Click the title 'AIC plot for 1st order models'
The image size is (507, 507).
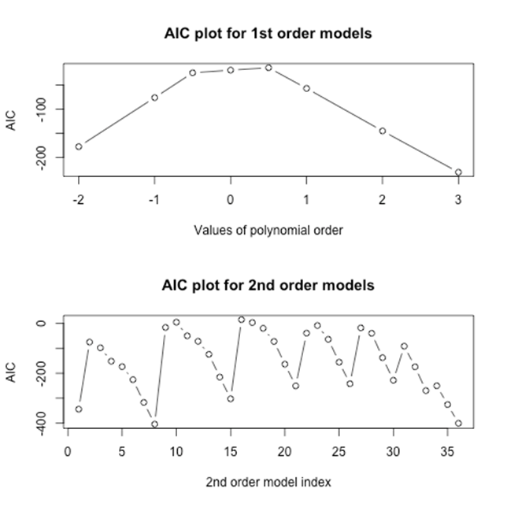[268, 34]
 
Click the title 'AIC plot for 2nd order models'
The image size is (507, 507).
[268, 285]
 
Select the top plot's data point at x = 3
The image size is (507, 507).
[458, 172]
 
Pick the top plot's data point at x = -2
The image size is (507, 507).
[79, 146]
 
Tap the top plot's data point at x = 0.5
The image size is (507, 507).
[268, 68]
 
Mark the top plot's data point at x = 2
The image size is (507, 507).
[383, 131]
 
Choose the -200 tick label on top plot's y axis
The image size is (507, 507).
[42, 157]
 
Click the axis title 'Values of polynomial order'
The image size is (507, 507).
[268, 230]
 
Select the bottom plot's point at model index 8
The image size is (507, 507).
[154, 424]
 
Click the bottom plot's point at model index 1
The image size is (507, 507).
[79, 409]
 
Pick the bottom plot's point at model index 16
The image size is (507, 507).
[242, 320]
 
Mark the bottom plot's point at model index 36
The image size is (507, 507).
[458, 423]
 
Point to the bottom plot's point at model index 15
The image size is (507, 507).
[231, 398]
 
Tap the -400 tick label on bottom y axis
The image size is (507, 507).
[42, 423]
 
